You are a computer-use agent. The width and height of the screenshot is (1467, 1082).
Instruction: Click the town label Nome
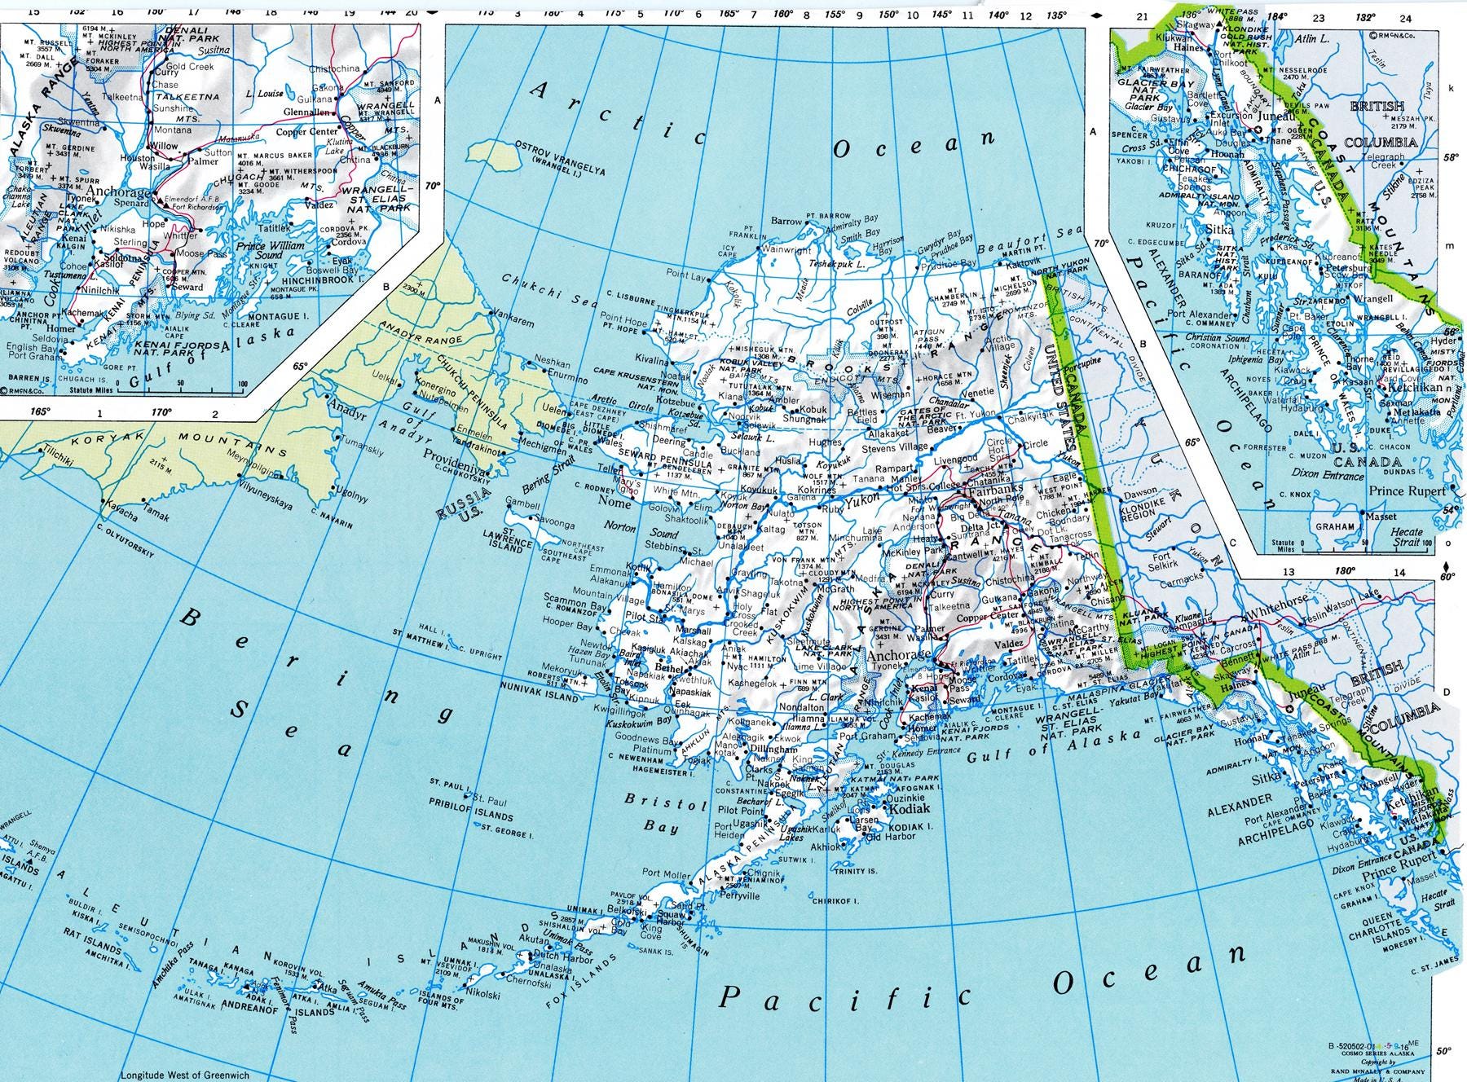pos(615,504)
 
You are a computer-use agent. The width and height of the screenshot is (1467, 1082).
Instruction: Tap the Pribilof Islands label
pos(472,814)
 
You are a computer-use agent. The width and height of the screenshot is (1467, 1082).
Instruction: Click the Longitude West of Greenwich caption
pos(178,1075)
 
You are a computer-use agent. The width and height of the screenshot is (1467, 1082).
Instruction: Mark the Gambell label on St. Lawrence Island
pos(522,505)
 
